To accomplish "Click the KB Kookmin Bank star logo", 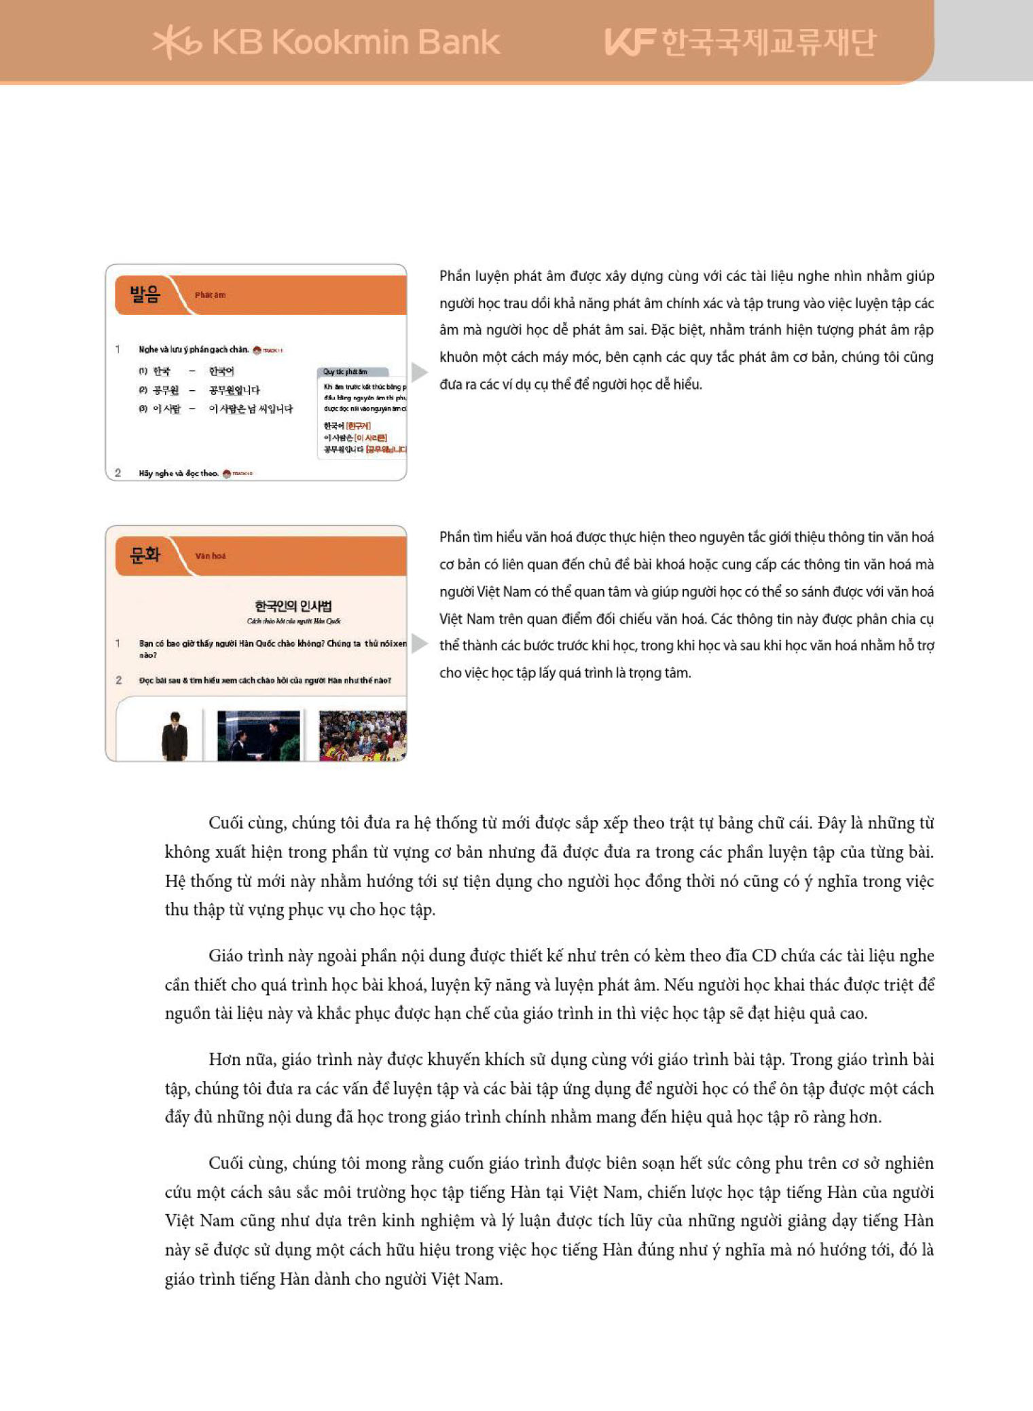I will point(176,43).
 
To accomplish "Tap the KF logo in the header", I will point(629,42).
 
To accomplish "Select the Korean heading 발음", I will point(145,295).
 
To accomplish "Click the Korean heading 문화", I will point(145,555).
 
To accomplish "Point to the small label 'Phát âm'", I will point(210,295).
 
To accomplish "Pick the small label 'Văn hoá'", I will point(211,556).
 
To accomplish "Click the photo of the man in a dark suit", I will point(175,736).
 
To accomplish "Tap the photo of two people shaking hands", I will point(258,736).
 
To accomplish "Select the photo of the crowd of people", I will point(362,736).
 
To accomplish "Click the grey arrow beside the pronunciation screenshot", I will point(419,372).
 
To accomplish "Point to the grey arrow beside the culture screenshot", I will point(419,643).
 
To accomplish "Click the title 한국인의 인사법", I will point(293,606).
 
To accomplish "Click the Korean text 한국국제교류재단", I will point(768,42).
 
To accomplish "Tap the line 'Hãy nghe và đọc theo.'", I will point(179,473).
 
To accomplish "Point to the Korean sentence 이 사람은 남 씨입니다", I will point(251,409).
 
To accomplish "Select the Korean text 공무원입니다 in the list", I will point(234,390).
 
